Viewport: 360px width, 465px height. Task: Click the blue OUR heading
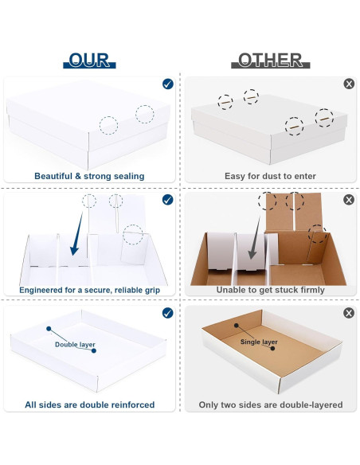[x=89, y=60]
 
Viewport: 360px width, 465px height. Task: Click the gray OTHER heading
[x=270, y=60]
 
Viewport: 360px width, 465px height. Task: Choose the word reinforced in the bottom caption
[x=127, y=405]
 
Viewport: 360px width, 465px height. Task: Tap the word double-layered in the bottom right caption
[x=310, y=405]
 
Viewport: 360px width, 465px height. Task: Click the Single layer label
[x=260, y=342]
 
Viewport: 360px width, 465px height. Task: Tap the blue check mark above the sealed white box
[x=167, y=84]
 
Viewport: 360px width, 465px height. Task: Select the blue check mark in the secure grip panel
[x=167, y=199]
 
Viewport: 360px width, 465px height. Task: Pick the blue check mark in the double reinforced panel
[x=167, y=313]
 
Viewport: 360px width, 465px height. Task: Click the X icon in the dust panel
[x=348, y=84]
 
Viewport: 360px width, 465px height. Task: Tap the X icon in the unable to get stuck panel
[x=348, y=199]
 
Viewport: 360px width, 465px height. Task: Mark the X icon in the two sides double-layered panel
[x=348, y=313]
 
